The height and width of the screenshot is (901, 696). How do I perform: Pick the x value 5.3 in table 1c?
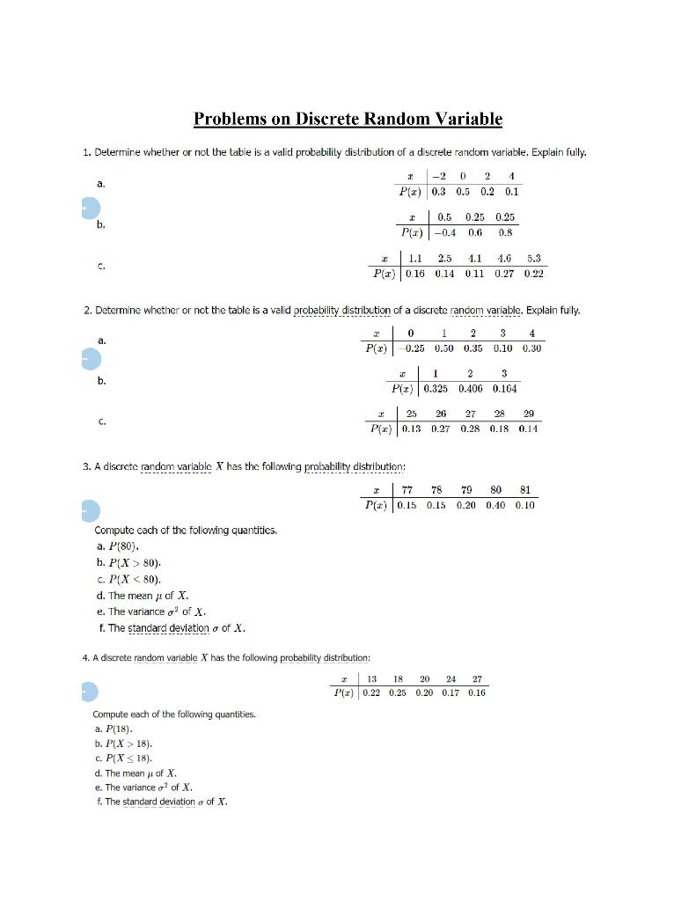(x=533, y=259)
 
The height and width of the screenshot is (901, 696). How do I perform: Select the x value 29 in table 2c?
(x=528, y=414)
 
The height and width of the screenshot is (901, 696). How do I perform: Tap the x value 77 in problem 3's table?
(x=407, y=490)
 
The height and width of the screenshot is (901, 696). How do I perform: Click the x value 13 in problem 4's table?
(x=371, y=678)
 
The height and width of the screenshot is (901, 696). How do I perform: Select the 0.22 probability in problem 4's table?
(x=371, y=692)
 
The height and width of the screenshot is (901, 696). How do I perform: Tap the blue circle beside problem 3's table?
(x=91, y=510)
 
